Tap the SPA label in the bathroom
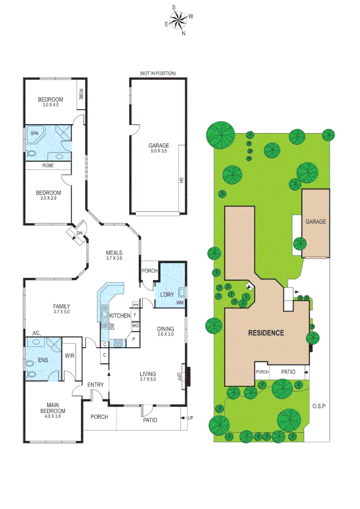(34, 134)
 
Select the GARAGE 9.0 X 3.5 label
(158, 148)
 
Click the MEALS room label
(114, 255)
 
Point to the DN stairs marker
(79, 233)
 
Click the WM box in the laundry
(180, 302)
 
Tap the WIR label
(69, 356)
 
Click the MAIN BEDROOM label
(56, 408)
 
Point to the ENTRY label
(95, 385)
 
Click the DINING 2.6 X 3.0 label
(165, 332)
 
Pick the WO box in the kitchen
(135, 326)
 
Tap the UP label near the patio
(190, 418)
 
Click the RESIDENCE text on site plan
(266, 333)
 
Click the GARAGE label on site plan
(316, 222)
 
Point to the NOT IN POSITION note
(158, 74)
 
